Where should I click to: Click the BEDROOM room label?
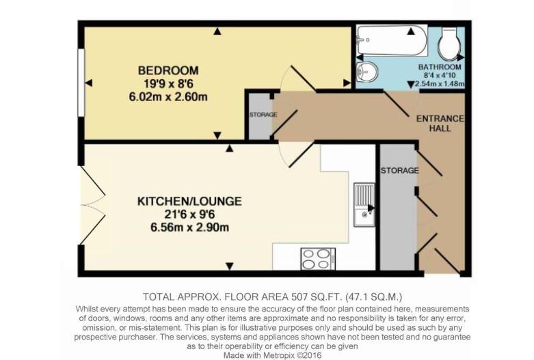click(x=168, y=70)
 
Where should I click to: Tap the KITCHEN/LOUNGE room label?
click(x=189, y=202)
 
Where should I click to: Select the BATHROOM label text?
click(x=440, y=68)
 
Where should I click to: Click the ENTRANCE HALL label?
click(x=440, y=123)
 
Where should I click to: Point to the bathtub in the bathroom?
click(x=392, y=41)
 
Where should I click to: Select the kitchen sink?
click(x=363, y=205)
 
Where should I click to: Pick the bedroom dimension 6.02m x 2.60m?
click(x=168, y=96)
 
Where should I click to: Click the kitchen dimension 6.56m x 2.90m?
click(x=189, y=227)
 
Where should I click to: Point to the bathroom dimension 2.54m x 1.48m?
click(x=440, y=85)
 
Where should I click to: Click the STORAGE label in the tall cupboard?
click(x=399, y=170)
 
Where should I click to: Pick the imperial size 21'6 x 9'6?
click(x=189, y=214)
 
